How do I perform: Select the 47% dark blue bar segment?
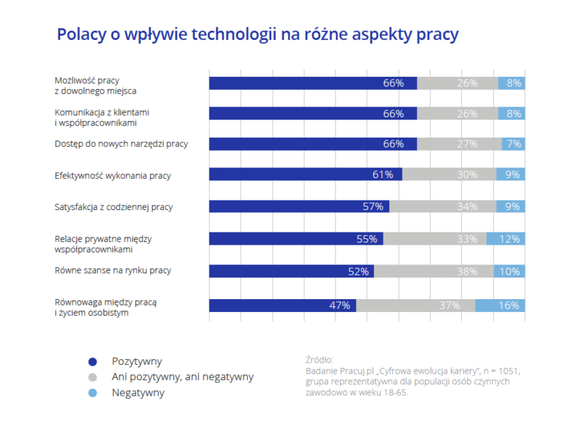point(282,306)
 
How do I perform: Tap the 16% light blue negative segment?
point(500,306)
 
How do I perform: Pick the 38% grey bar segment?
point(434,272)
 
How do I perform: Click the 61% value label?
point(383,175)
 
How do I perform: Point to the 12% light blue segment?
point(505,239)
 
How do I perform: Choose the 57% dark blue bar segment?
point(299,207)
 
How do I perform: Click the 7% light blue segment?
point(513,143)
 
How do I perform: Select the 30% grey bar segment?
point(449,175)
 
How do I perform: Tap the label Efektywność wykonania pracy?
point(112,175)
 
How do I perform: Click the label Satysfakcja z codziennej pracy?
point(114,207)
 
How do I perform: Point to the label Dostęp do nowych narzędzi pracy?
point(121,143)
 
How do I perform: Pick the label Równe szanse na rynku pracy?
point(112,271)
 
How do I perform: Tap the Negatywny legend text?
point(138,393)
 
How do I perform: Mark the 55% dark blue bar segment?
point(296,239)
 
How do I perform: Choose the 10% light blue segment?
point(510,272)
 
